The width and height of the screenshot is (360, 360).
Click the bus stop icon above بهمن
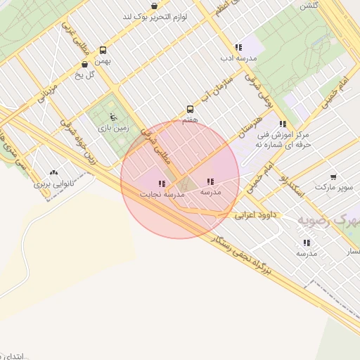pos(103,50)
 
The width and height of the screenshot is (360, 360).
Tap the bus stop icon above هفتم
pos(190,109)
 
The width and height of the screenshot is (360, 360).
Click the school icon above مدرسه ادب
pos(238,47)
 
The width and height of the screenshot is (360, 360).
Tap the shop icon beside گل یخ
pos(84,64)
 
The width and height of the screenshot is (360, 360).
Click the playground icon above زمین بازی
pos(112,117)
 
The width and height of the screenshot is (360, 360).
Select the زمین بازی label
pos(112,129)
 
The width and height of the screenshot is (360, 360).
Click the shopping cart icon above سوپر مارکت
pos(333,177)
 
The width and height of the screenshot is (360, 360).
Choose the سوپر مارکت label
pos(332,188)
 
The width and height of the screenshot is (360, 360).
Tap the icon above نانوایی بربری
pos(53,173)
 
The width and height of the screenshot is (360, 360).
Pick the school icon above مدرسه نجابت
pos(162,184)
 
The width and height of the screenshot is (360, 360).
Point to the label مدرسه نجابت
pos(161,193)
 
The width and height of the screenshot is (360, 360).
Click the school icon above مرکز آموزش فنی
pos(283,124)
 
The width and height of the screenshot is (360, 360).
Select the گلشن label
pos(309,5)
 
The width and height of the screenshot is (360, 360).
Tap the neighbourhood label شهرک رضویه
pos(328,220)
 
